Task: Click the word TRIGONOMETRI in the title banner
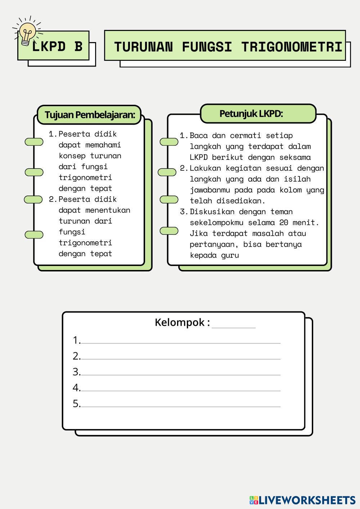point(292,47)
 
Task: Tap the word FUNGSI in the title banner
point(207,47)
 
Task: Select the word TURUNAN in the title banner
point(143,47)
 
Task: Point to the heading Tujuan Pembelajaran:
point(90,115)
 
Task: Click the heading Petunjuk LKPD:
point(251,114)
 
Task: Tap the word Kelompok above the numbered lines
point(180,323)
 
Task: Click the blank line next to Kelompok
point(234,328)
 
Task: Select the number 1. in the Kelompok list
point(77,341)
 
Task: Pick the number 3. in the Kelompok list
point(77,372)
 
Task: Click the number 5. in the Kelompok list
point(77,404)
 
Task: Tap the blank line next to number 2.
point(181,359)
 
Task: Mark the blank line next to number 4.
point(181,391)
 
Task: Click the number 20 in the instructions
point(284,222)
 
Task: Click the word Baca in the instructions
point(199,136)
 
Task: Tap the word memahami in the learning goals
point(103,145)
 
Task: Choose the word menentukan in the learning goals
point(108,210)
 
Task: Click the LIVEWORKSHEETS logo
point(302,500)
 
